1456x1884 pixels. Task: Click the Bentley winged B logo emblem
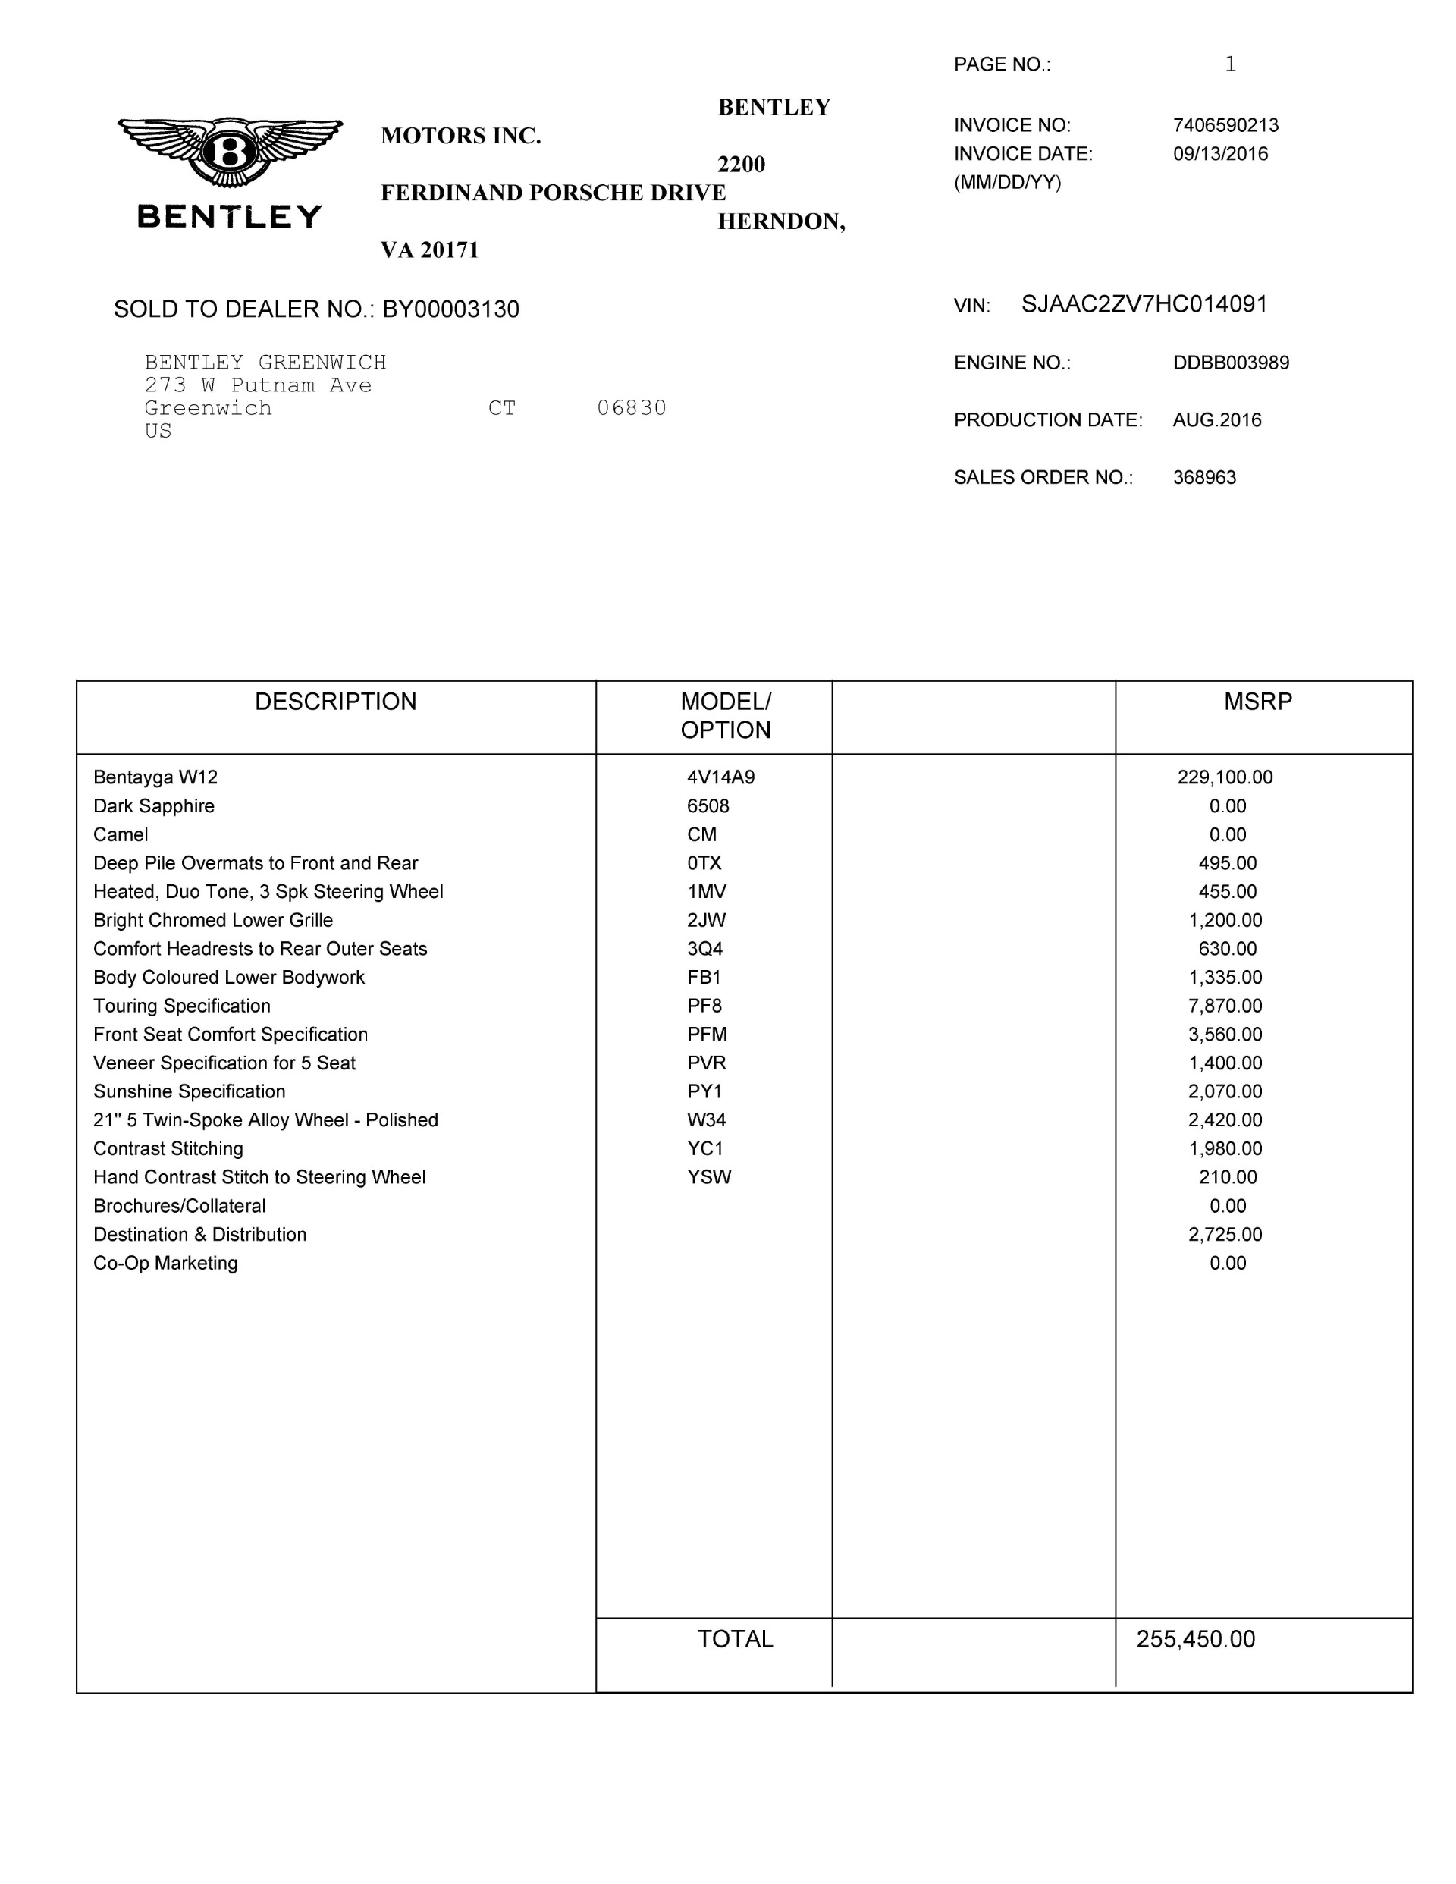pyautogui.click(x=230, y=152)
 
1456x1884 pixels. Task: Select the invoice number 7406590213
pyautogui.click(x=1225, y=125)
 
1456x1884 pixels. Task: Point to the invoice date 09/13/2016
pyautogui.click(x=1219, y=153)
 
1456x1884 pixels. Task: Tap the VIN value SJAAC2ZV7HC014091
pyautogui.click(x=1144, y=304)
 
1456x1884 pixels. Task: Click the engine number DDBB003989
pyautogui.click(x=1230, y=363)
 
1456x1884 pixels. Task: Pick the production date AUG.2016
pyautogui.click(x=1216, y=420)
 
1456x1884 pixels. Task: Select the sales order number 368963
pyautogui.click(x=1204, y=477)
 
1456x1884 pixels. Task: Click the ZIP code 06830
pyautogui.click(x=632, y=408)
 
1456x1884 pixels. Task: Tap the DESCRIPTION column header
pyautogui.click(x=335, y=702)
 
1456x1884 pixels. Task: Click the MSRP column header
pyautogui.click(x=1257, y=702)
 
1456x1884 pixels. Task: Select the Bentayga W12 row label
pyautogui.click(x=155, y=777)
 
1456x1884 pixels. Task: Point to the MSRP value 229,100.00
pyautogui.click(x=1224, y=777)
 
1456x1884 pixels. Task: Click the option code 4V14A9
pyautogui.click(x=720, y=777)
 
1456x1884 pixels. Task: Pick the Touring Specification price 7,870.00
pyautogui.click(x=1225, y=1006)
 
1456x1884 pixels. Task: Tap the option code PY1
pyautogui.click(x=704, y=1091)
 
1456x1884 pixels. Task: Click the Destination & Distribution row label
pyautogui.click(x=199, y=1235)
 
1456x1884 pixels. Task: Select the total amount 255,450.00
pyautogui.click(x=1194, y=1639)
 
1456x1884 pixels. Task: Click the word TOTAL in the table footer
pyautogui.click(x=735, y=1639)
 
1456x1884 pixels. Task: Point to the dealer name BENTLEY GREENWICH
pyautogui.click(x=265, y=363)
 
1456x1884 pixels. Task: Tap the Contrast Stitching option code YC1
pyautogui.click(x=704, y=1148)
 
